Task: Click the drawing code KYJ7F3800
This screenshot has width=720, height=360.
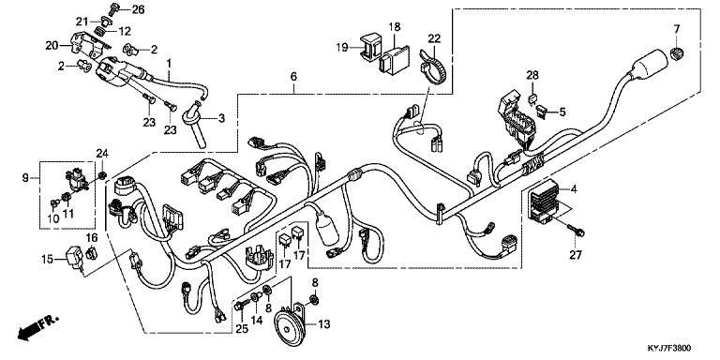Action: tap(669, 349)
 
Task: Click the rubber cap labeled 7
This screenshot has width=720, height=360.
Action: tap(677, 52)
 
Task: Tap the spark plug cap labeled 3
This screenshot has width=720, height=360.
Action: tap(195, 125)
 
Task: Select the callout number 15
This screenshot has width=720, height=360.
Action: tap(47, 260)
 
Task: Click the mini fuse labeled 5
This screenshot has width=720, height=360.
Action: tap(543, 112)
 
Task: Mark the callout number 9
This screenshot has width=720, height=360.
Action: tap(25, 177)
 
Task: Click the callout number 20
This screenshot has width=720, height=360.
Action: tap(51, 45)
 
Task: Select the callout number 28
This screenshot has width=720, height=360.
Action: tap(532, 75)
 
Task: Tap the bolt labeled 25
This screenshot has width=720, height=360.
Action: tap(241, 305)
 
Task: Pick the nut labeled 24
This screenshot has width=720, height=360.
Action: tap(104, 174)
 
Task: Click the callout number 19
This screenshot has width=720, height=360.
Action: tap(341, 47)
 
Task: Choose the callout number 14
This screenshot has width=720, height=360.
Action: tap(257, 320)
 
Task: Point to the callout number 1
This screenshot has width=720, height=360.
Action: tap(169, 63)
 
